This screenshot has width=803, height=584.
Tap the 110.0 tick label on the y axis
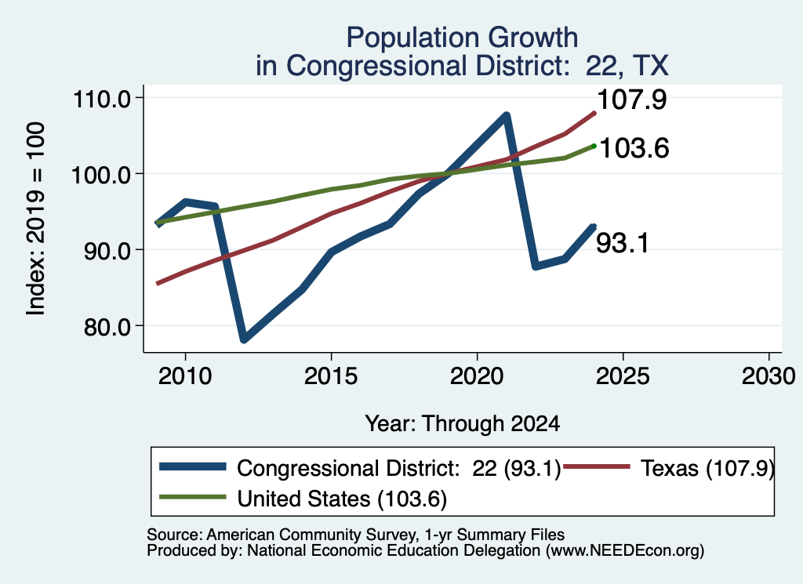[x=103, y=98]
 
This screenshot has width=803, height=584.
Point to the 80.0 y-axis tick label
[x=107, y=327]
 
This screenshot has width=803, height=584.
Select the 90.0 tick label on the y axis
[x=107, y=251]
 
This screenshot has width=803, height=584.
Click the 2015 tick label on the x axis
[x=331, y=376]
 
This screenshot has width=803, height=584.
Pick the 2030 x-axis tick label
[x=768, y=376]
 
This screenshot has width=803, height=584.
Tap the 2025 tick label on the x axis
[x=623, y=376]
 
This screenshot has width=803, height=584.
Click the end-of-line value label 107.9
[x=632, y=100]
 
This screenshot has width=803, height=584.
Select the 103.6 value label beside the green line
[x=634, y=148]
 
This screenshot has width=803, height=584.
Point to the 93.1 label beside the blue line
[x=622, y=242]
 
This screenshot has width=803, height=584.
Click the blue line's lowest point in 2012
[x=244, y=339]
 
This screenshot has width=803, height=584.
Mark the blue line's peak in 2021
[x=507, y=116]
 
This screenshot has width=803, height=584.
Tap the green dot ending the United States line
[x=594, y=146]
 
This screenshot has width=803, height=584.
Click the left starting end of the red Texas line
[x=158, y=283]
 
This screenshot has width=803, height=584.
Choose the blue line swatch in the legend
[x=193, y=466]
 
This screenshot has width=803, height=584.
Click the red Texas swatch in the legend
[x=596, y=466]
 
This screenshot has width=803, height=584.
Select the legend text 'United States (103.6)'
[x=342, y=499]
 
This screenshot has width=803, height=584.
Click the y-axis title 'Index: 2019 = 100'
[x=35, y=219]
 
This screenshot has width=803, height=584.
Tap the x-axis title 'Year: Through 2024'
[x=463, y=424]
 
